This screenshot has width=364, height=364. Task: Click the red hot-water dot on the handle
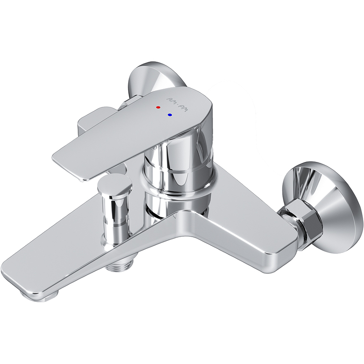(x=158, y=107)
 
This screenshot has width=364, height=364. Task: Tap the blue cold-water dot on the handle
(x=170, y=115)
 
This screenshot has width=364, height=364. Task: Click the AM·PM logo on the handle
(x=177, y=105)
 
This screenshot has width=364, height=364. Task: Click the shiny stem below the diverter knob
(x=116, y=216)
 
